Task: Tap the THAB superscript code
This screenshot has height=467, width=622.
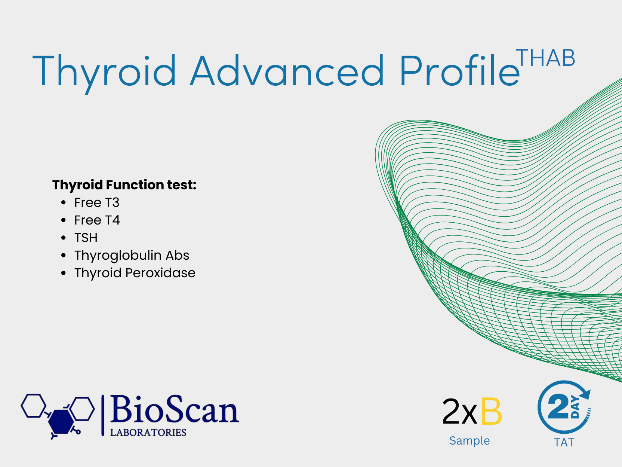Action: pyautogui.click(x=545, y=58)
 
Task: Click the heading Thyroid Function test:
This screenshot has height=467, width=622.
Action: pyautogui.click(x=124, y=185)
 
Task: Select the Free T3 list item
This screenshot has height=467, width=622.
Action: pyautogui.click(x=97, y=202)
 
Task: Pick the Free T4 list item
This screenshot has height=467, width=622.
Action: pyautogui.click(x=97, y=220)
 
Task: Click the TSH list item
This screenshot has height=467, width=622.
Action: pyautogui.click(x=86, y=238)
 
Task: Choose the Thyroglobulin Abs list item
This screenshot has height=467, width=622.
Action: pyautogui.click(x=132, y=256)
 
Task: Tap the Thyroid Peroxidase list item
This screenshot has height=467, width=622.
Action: pyautogui.click(x=135, y=273)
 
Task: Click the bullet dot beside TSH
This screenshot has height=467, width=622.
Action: pyautogui.click(x=64, y=238)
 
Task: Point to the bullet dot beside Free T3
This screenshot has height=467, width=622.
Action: pyautogui.click(x=64, y=202)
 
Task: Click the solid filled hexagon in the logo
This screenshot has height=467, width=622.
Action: pyautogui.click(x=61, y=422)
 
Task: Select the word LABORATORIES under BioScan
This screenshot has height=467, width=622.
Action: pyautogui.click(x=148, y=433)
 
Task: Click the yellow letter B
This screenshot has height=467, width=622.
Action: pyautogui.click(x=491, y=411)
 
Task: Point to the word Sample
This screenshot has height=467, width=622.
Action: pyautogui.click(x=469, y=441)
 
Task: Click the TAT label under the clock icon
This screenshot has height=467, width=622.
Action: pyautogui.click(x=564, y=443)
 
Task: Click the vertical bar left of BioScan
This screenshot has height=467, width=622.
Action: pyautogui.click(x=103, y=415)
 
